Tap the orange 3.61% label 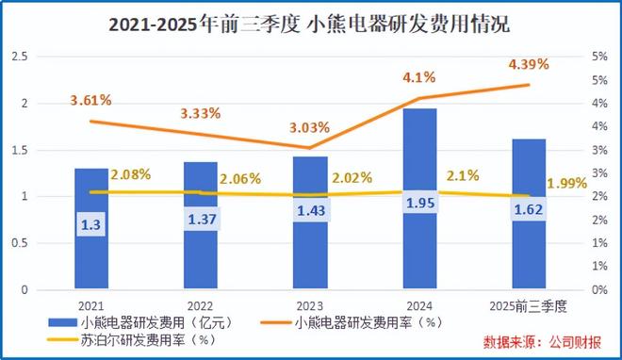click(91, 100)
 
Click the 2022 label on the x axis click(201, 304)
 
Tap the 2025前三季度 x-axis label click(529, 304)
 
